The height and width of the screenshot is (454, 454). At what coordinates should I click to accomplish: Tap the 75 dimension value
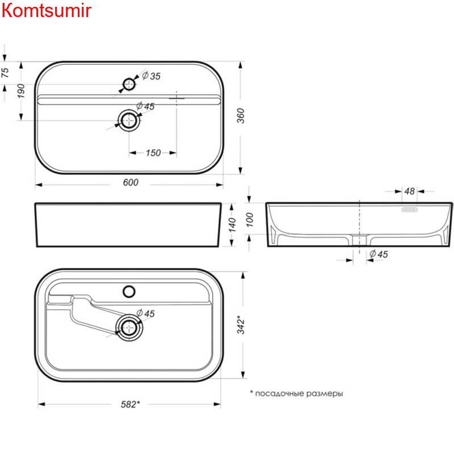point(5,72)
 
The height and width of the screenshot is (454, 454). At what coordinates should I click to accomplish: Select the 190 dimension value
point(21,91)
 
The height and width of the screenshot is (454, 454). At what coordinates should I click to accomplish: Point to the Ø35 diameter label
point(151,75)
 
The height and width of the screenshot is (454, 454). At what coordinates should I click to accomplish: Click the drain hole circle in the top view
point(129,120)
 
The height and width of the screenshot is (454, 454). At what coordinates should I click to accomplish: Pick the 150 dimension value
point(153,153)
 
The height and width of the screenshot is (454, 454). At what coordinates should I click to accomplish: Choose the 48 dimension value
point(410,191)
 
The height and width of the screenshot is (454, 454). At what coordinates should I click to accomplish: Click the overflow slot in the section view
point(410,209)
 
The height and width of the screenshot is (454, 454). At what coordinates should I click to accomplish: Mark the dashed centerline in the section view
point(360,221)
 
